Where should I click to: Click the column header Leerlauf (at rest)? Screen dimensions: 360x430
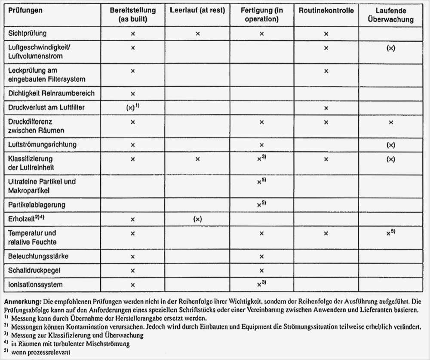pos(197,11)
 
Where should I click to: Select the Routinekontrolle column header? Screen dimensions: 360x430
pos(326,11)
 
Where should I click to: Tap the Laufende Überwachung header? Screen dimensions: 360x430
pos(390,15)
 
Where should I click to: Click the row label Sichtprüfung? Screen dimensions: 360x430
pos(28,33)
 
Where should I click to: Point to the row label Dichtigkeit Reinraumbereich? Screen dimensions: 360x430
pos(51,93)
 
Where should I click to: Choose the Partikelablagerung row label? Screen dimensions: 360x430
pos(37,205)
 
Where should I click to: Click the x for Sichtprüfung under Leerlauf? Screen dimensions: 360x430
pos(197,34)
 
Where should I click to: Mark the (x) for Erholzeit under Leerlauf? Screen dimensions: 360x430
pos(197,219)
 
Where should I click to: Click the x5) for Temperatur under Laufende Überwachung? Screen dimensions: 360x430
pos(390,233)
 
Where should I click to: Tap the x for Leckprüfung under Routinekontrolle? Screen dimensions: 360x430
pos(326,70)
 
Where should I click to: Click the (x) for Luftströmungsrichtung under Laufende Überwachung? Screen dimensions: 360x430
pos(390,145)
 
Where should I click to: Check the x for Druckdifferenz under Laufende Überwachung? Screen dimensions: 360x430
pos(390,122)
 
